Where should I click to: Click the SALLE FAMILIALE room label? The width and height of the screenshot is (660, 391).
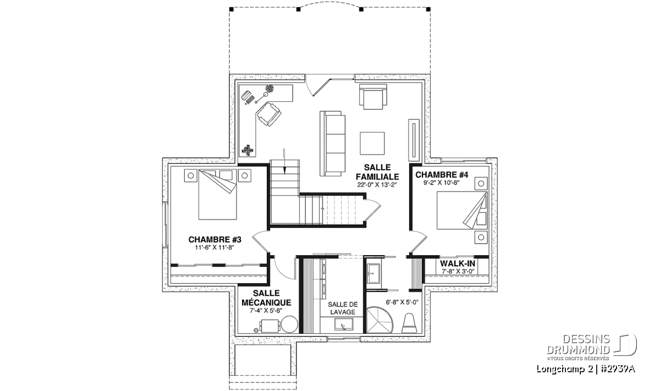coord(377,172)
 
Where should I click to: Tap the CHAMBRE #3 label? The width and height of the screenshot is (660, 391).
coord(215,240)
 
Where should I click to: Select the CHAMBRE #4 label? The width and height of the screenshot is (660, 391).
coord(442,175)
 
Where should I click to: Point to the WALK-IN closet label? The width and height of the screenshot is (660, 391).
coord(457,263)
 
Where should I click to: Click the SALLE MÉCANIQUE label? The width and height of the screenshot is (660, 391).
coord(266,298)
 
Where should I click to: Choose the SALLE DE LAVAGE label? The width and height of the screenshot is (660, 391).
coord(343,308)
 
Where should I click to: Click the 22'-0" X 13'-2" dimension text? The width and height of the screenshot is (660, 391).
coord(377,185)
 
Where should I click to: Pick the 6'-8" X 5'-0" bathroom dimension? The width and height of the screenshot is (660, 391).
coord(402,302)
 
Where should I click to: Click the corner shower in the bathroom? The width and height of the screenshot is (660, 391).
coord(378,320)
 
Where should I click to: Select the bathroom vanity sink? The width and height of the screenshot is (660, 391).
coord(373,273)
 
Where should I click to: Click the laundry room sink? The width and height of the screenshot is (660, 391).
coord(343,324)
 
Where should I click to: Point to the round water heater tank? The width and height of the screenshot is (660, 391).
coord(289,324)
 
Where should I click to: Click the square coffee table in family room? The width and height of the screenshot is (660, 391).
coord(372,143)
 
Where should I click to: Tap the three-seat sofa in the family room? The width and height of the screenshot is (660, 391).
coord(332,144)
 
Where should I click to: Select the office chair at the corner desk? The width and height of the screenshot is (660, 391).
coord(268,114)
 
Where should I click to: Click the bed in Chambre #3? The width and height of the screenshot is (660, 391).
coord(217,195)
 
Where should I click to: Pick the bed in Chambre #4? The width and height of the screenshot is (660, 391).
coord(462,211)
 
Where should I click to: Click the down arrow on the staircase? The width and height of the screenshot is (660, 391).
coord(284,161)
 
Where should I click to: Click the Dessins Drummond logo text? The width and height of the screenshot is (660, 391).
coord(578,344)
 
